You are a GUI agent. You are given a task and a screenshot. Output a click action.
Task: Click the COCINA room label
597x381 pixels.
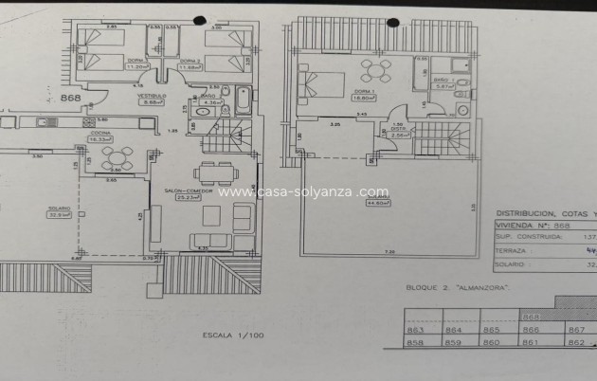pos(99,136)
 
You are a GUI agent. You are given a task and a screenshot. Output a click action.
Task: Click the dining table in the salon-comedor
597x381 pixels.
pos(214,172)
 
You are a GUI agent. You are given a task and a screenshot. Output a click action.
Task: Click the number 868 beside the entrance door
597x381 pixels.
pos(70,98)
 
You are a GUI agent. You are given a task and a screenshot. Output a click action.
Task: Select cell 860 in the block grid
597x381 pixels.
pos(491,342)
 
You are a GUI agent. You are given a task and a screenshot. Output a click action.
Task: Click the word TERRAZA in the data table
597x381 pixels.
pos(511,251)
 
